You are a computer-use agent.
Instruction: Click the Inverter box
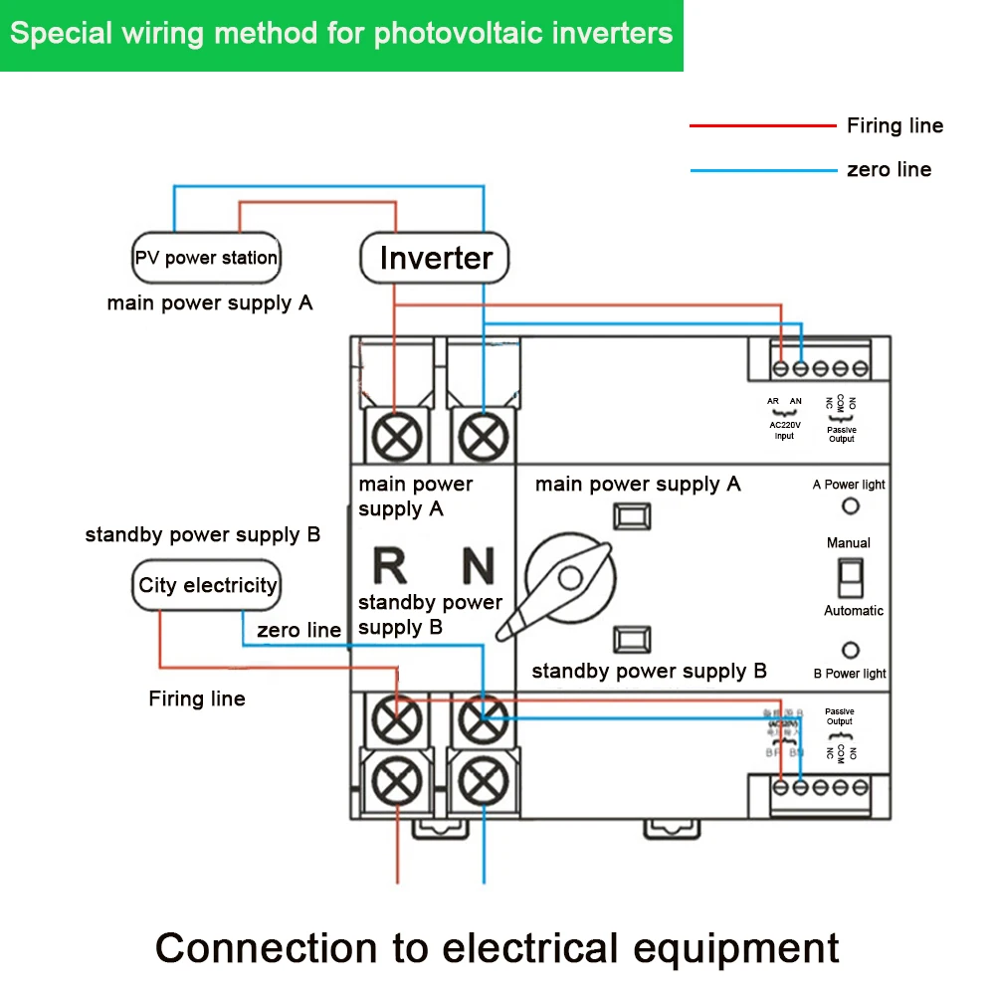coord(435,258)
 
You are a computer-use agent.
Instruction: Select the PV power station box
coord(206,258)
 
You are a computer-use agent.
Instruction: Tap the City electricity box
coord(207,585)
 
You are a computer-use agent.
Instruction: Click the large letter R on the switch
coord(389,565)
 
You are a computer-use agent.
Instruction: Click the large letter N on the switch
coord(478,565)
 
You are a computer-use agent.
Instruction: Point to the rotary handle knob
coord(570,579)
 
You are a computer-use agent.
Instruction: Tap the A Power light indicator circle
coord(851,506)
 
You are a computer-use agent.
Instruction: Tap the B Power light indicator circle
coord(851,651)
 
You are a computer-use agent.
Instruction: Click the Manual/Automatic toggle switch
coord(848,576)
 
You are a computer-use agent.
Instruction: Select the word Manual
coord(848,543)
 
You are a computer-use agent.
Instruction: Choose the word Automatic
coord(853,611)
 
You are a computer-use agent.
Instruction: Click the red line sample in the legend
coord(762,126)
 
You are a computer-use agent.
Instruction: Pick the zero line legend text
coord(889,169)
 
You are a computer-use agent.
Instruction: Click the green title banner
coord(341,35)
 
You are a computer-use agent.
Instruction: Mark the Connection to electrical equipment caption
coord(497,947)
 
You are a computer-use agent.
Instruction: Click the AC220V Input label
coord(784,430)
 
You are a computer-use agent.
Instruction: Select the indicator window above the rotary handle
coord(632,516)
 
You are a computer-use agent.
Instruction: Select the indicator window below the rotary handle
coord(632,638)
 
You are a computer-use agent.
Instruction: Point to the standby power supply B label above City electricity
coord(203,535)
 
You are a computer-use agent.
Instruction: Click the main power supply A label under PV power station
coord(210,303)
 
